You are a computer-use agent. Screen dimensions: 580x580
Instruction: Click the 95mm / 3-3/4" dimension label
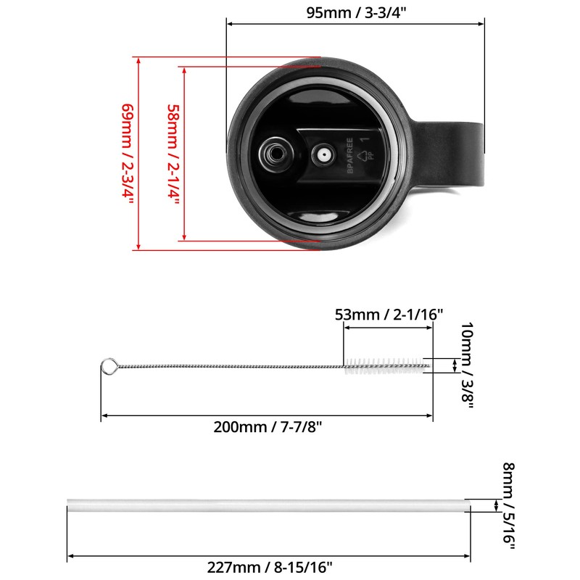356,12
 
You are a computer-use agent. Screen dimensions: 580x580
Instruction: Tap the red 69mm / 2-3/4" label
128,154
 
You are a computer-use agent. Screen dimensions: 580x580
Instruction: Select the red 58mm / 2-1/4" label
173,154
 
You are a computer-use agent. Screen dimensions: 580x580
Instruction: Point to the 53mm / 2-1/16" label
389,315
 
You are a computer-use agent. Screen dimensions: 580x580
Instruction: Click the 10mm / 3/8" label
467,365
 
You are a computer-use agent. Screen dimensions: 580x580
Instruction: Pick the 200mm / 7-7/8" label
268,427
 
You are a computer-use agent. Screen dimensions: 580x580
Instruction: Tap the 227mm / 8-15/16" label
270,567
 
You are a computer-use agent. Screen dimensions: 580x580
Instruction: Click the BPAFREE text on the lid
350,155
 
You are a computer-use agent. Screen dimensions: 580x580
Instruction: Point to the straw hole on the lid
275,153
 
